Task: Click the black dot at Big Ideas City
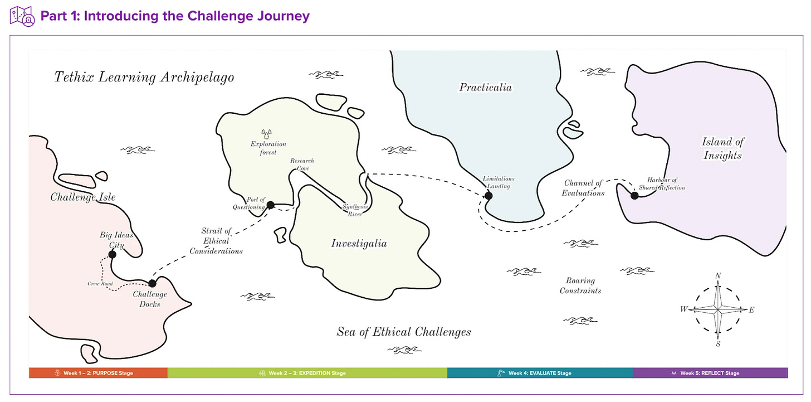(x=112, y=254)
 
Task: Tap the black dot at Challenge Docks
(x=152, y=283)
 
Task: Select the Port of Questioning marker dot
(x=270, y=205)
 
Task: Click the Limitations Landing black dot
(x=488, y=195)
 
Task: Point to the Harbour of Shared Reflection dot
(x=634, y=195)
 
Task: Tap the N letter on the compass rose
(x=718, y=276)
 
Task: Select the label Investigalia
(x=359, y=244)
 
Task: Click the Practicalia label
(x=485, y=88)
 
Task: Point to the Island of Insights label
(x=722, y=148)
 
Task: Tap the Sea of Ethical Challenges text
(x=404, y=332)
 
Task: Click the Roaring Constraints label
(x=580, y=285)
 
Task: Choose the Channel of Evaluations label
(x=584, y=188)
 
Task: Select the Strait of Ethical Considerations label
(x=216, y=241)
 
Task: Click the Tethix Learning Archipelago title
(x=144, y=77)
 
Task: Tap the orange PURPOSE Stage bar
(x=98, y=373)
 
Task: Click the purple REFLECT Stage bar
(x=710, y=373)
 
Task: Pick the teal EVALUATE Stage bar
(x=540, y=373)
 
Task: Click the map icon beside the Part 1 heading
(x=22, y=16)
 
